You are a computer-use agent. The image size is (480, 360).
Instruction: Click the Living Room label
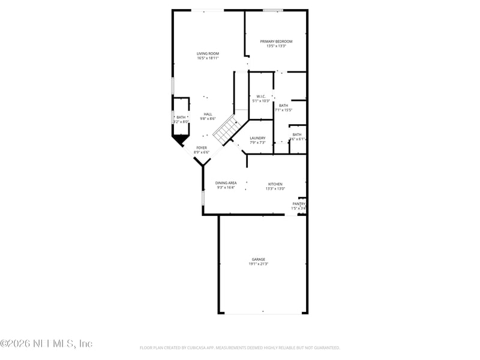[208, 53]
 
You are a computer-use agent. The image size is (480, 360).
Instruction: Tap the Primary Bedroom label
[276, 41]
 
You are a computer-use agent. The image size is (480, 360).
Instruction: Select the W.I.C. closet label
[261, 96]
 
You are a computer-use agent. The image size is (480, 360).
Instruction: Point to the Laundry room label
[257, 138]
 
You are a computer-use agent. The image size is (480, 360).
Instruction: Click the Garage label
[259, 259]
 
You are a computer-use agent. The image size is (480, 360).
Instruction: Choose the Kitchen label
[275, 184]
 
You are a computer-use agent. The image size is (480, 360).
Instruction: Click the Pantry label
[298, 203]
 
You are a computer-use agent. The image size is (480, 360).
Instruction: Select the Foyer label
[202, 148]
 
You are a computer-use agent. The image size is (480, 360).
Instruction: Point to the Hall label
[208, 114]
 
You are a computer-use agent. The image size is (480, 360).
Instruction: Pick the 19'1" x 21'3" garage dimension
[259, 264]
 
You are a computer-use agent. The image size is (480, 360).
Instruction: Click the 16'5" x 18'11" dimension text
[208, 58]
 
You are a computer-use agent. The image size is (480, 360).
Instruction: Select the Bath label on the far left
[181, 117]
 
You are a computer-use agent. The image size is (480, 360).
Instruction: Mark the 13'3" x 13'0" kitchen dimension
[275, 188]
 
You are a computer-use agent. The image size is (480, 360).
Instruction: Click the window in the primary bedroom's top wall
[273, 10]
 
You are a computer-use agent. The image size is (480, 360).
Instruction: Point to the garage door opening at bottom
[262, 313]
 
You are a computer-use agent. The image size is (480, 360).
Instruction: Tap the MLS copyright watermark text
[46, 344]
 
